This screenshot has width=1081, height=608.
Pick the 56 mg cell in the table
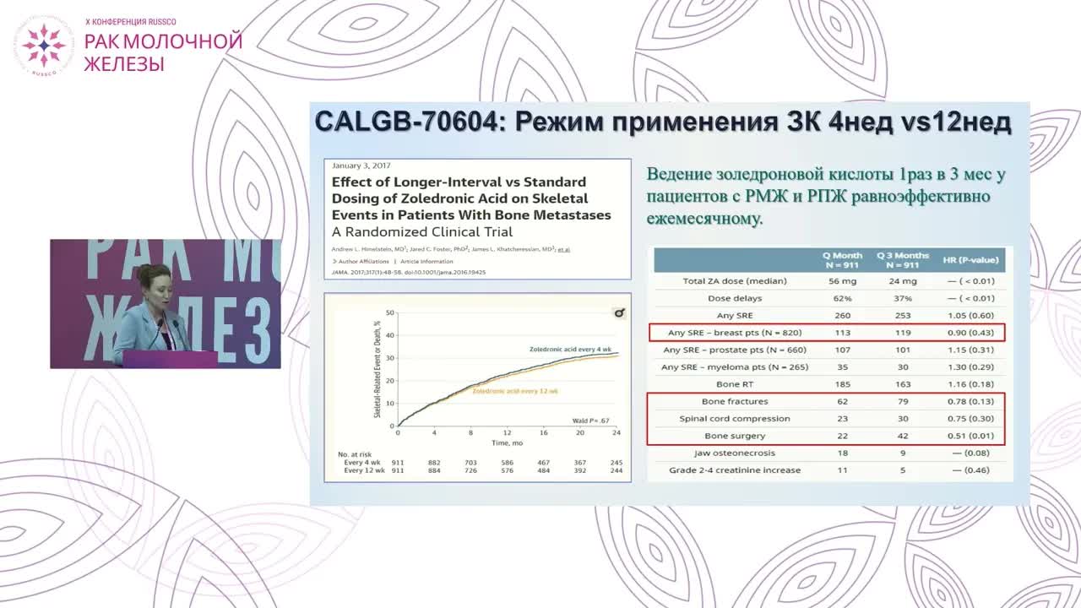[x=843, y=281]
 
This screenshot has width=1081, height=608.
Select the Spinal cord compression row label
[x=734, y=419]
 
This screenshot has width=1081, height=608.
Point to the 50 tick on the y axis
[x=389, y=313]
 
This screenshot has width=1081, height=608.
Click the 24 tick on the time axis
[x=617, y=432]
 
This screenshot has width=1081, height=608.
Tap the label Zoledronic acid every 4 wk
[x=569, y=349]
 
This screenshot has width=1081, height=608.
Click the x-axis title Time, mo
[x=507, y=442]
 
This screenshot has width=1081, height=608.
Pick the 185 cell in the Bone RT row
[x=843, y=384]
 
